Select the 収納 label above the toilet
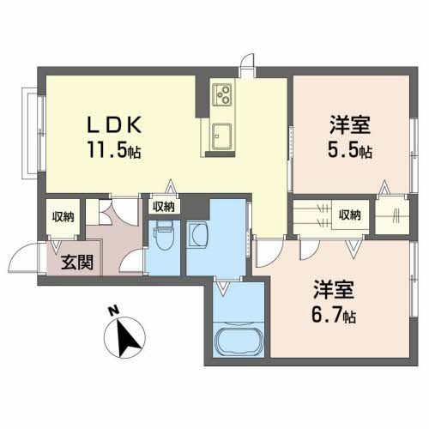click(x=164, y=206)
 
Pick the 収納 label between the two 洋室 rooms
click(x=348, y=214)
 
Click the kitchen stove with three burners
click(x=220, y=92)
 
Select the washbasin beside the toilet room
click(x=199, y=233)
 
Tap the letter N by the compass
click(x=112, y=311)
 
